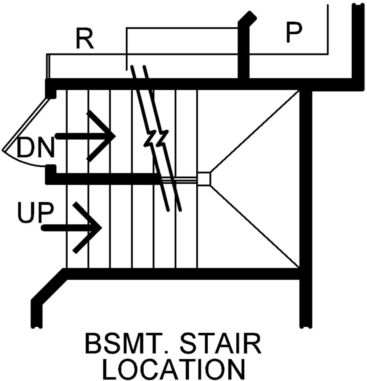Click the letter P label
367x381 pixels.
(294, 32)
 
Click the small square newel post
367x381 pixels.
(204, 179)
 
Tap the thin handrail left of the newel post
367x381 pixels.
(179, 180)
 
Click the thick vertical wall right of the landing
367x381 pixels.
(306, 208)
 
